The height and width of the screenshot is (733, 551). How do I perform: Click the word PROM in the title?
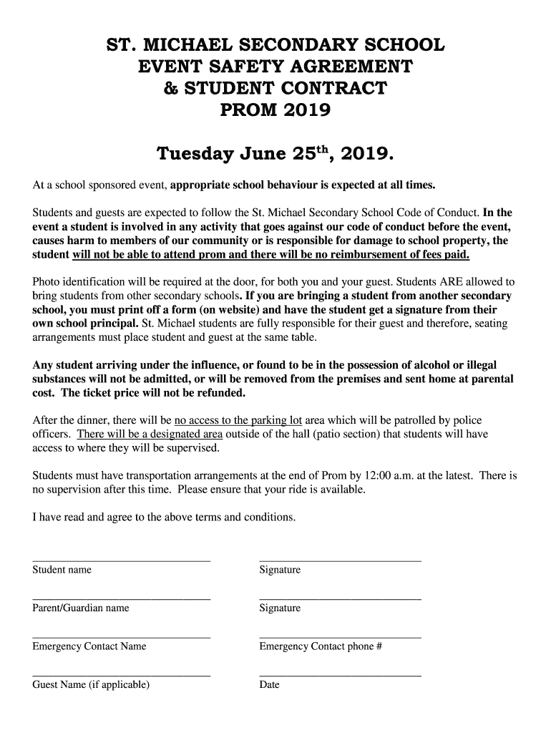(x=248, y=110)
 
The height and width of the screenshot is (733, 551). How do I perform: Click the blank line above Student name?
(x=121, y=560)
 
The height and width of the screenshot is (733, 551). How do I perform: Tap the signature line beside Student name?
(x=340, y=560)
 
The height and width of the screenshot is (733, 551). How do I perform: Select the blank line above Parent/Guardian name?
(x=121, y=598)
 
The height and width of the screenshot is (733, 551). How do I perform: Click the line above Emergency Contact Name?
(x=121, y=636)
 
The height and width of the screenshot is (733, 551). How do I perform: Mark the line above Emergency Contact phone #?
(x=340, y=636)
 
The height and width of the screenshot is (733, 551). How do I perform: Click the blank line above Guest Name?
(x=121, y=674)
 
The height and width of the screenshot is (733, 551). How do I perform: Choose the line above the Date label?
(x=340, y=674)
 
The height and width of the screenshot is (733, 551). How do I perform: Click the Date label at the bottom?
(x=270, y=685)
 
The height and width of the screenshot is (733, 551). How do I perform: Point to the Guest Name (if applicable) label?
(x=91, y=685)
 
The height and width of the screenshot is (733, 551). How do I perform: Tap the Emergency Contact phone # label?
(x=321, y=646)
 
